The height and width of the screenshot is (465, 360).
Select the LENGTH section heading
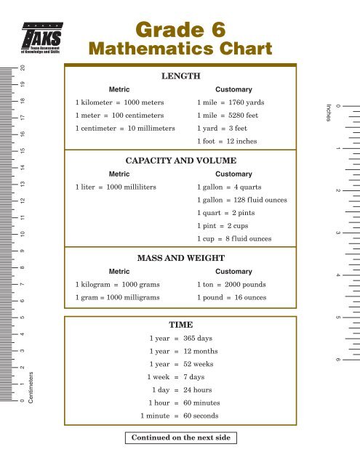(180, 76)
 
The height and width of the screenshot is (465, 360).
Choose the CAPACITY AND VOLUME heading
(180, 160)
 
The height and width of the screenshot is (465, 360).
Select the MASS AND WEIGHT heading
(180, 257)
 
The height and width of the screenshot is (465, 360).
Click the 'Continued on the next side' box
(180, 438)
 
